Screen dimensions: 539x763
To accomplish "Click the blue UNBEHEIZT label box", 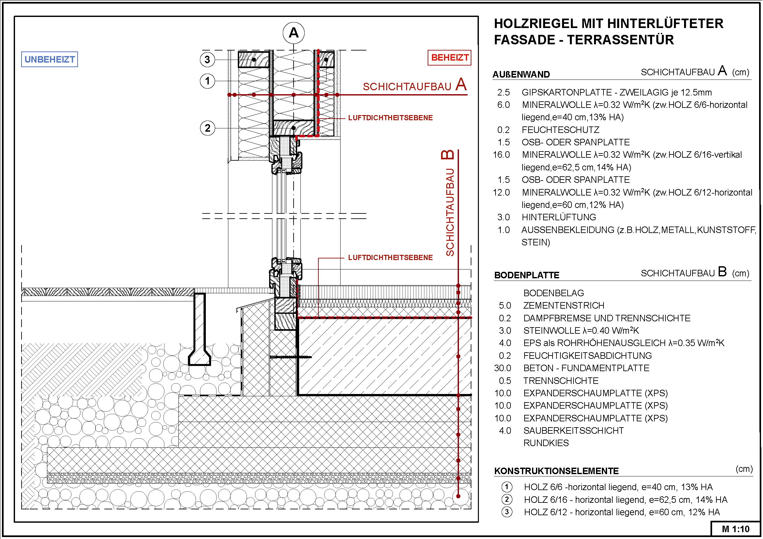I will pyautogui.click(x=50, y=59).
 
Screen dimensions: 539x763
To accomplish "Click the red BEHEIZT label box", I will pyautogui.click(x=449, y=58).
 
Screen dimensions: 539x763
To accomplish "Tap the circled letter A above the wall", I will pyautogui.click(x=294, y=33).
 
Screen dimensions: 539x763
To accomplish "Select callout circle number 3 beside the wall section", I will pyautogui.click(x=207, y=60).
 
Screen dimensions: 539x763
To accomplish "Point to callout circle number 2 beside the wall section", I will pyautogui.click(x=207, y=128).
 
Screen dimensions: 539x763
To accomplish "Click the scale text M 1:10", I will pyautogui.click(x=735, y=529).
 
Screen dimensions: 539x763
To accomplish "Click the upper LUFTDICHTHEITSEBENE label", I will pyautogui.click(x=390, y=118).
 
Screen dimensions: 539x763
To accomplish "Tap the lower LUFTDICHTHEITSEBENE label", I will pyautogui.click(x=390, y=257).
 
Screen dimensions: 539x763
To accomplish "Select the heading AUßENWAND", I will pyautogui.click(x=521, y=74).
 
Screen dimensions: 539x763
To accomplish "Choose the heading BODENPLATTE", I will pyautogui.click(x=527, y=275).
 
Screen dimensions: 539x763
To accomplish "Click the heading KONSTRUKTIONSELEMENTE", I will pyautogui.click(x=556, y=471).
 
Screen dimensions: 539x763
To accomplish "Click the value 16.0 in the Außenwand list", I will pyautogui.click(x=501, y=155).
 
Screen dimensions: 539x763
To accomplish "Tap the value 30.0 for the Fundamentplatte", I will pyautogui.click(x=502, y=368).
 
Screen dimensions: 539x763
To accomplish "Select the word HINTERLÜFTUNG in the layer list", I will pyautogui.click(x=558, y=217).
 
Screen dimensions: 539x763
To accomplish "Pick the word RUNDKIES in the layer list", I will pyautogui.click(x=546, y=443).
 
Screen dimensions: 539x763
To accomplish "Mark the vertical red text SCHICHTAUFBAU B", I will pyautogui.click(x=449, y=203).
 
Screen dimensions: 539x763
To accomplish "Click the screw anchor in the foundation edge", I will pyautogui.click(x=291, y=357).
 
